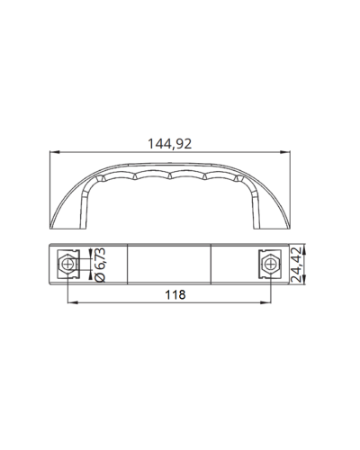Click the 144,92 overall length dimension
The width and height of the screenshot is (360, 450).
(169, 144)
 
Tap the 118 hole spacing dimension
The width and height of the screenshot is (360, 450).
(175, 295)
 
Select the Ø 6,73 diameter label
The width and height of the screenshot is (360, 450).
(100, 265)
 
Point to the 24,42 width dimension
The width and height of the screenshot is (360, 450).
(296, 265)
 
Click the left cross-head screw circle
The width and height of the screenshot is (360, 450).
(68, 265)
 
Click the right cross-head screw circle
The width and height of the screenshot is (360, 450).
(271, 265)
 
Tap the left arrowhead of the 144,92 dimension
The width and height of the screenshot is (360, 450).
(54, 152)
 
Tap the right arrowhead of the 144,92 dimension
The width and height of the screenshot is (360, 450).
(285, 152)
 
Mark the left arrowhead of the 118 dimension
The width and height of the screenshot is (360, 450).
(73, 302)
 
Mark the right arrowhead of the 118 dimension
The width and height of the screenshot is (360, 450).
(266, 302)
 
